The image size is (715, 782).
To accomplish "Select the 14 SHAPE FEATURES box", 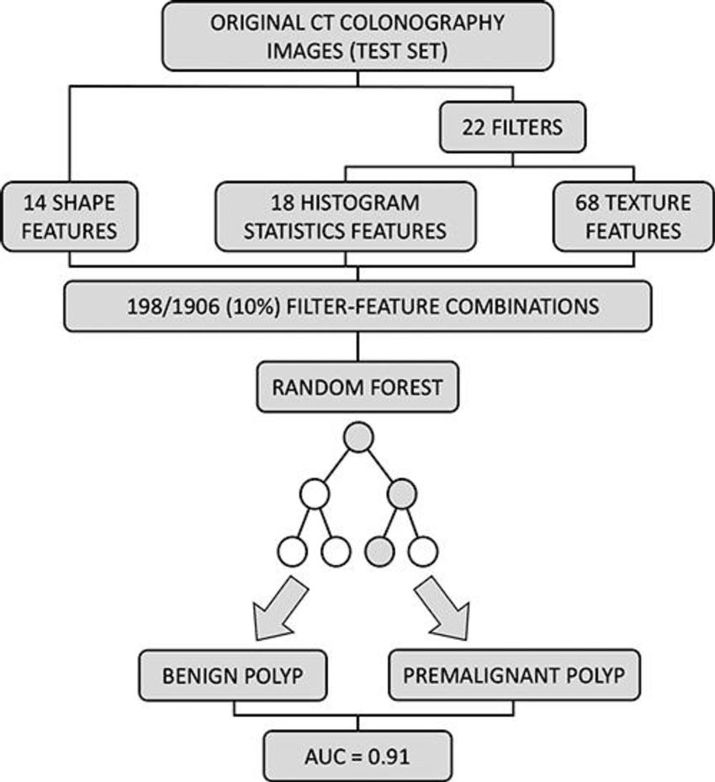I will (x=70, y=217).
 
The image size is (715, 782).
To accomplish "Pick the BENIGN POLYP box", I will (x=233, y=676).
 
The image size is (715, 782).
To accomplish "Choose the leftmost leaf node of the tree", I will (x=294, y=552).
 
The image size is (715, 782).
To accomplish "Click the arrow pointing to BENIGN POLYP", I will (x=274, y=607).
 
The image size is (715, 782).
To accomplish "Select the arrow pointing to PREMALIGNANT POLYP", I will (x=442, y=607).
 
